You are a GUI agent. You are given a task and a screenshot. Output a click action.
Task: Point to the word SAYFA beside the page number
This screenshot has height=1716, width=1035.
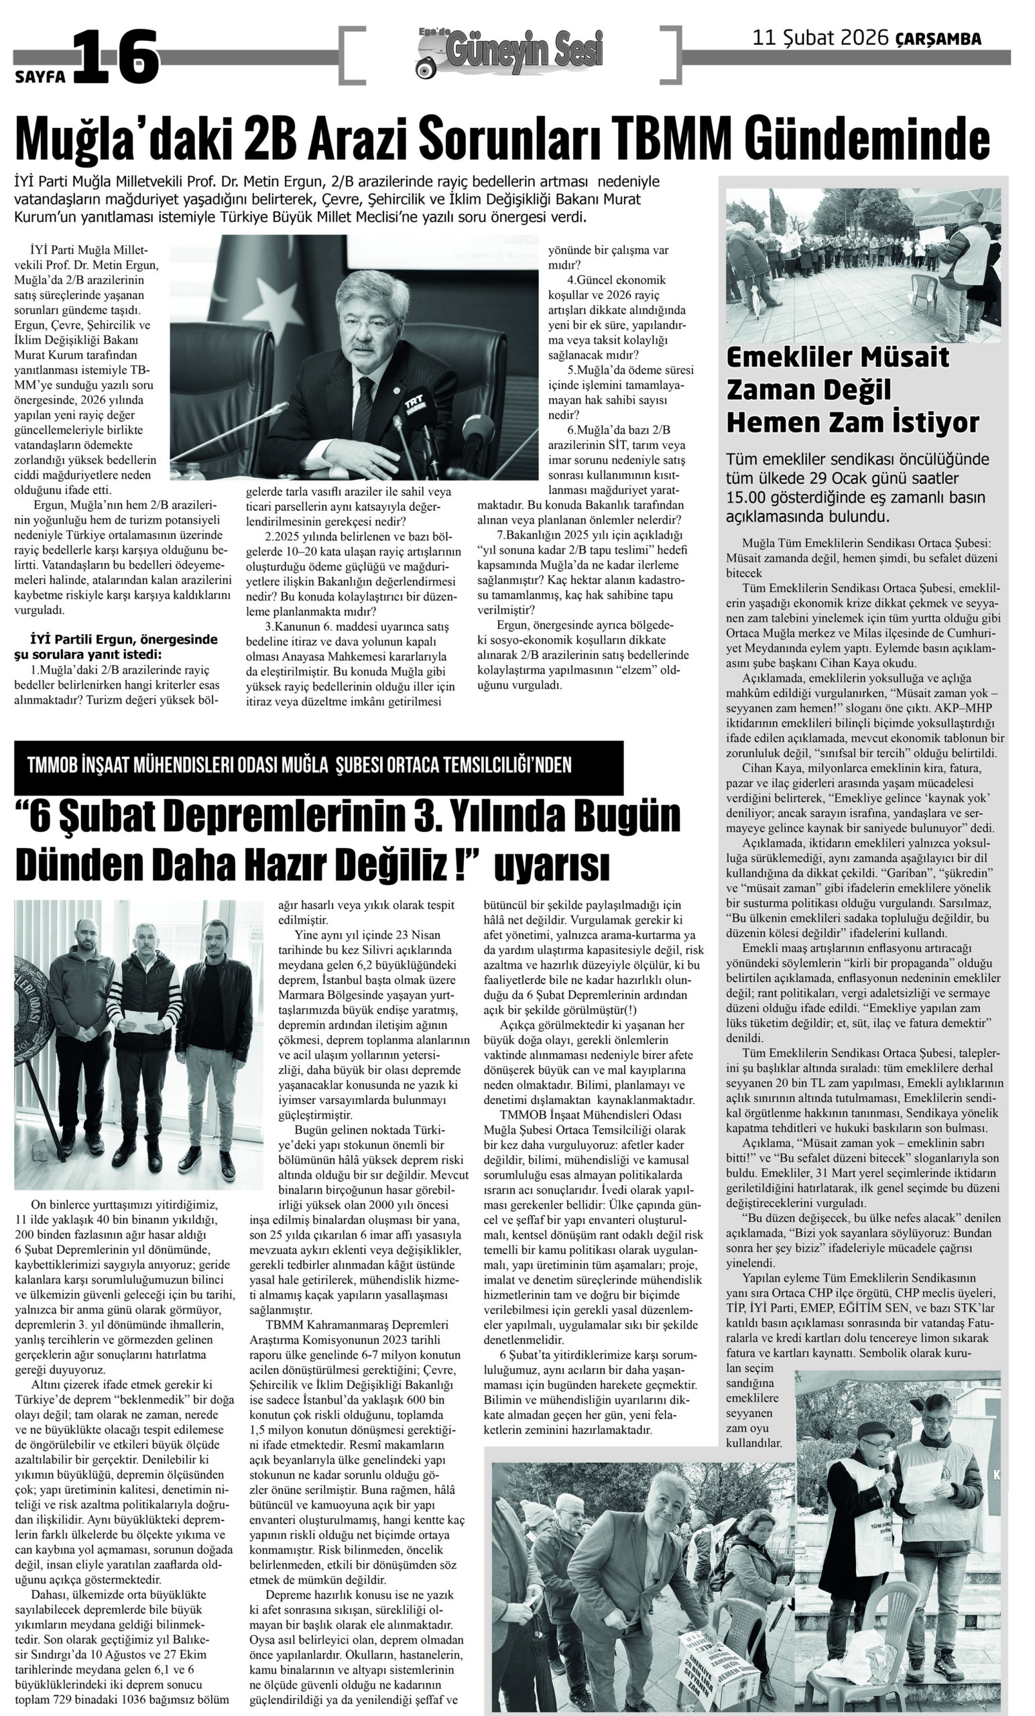point(40,76)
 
